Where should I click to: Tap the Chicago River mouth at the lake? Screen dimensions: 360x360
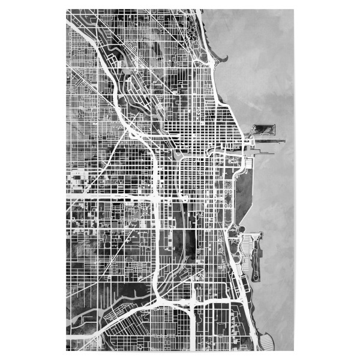coord(242,150)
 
